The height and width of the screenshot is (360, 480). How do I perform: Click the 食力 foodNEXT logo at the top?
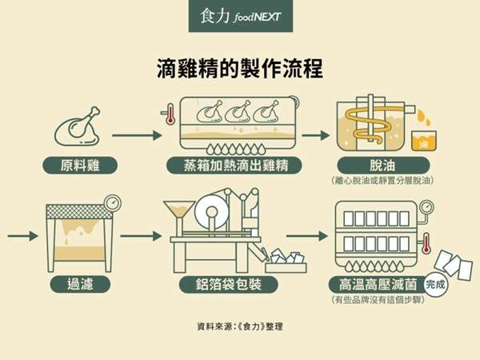point(240,16)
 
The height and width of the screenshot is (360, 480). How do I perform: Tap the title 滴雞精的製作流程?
point(240,67)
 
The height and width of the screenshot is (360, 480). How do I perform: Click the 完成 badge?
point(436,283)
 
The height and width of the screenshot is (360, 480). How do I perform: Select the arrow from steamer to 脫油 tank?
point(314,134)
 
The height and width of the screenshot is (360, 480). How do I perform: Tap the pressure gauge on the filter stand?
point(111,200)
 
